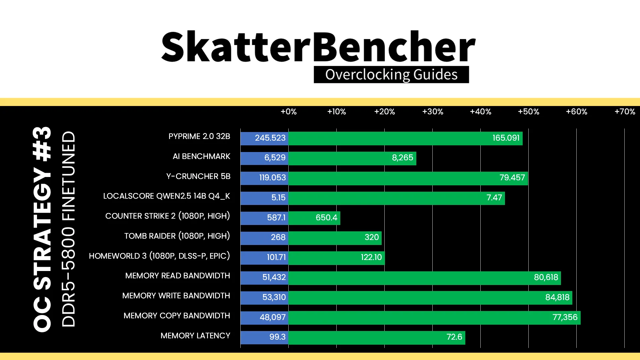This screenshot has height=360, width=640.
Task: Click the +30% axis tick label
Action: coord(433,112)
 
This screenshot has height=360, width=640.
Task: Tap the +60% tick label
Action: coord(577,112)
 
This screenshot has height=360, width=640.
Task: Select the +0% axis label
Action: coord(289,112)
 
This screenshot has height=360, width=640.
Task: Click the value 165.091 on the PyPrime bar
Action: coord(506,138)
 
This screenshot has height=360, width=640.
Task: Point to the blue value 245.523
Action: coord(270,138)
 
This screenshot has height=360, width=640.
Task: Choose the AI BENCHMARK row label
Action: coord(201,156)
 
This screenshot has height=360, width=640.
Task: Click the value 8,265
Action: coord(402,158)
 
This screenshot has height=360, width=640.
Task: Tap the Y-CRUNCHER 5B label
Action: coord(198,176)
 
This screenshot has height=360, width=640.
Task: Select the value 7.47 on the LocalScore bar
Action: coord(494,198)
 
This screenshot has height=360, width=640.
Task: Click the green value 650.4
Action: coord(326,218)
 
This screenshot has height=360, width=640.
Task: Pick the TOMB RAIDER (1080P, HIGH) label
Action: coord(177,236)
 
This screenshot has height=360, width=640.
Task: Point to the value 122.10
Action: coord(371,257)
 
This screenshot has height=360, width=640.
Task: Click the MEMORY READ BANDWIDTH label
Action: coord(178,276)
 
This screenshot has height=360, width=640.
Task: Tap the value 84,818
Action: coord(557,297)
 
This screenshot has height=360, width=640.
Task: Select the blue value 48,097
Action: coord(273,317)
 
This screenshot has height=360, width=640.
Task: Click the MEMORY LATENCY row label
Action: coord(195,336)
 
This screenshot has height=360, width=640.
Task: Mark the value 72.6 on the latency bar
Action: coord(454,337)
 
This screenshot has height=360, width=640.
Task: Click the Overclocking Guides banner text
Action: coord(391,75)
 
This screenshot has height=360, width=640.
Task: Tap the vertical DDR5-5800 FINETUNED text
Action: coord(69,229)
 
